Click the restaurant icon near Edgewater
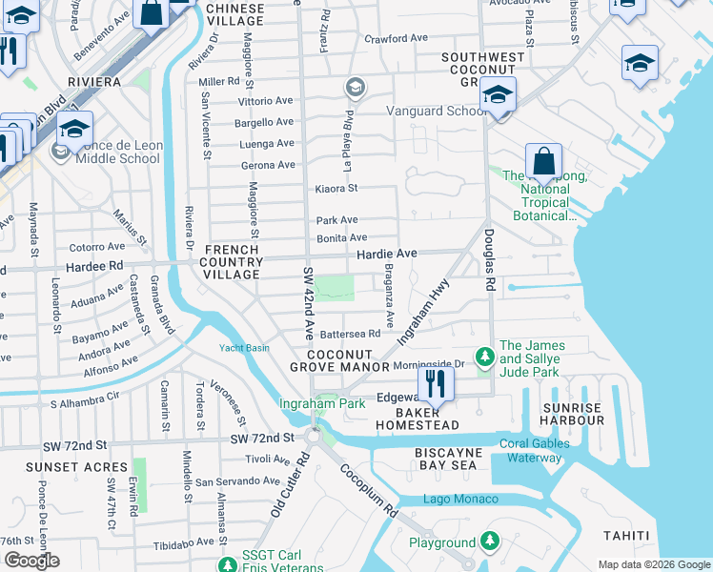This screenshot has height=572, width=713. coord(436,383)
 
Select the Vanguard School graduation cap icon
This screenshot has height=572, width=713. coord(497,94)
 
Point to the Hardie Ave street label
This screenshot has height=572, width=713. coord(386,255)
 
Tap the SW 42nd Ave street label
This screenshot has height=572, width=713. coord(309,303)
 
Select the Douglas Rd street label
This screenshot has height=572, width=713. coord(489,258)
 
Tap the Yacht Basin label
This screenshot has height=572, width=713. coord(244,347)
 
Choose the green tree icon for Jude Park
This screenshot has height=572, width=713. coord(485,357)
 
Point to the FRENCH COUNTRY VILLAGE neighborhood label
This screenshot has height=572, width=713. coord(232,262)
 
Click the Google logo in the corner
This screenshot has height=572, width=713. coord(31,561)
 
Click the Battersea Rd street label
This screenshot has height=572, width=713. coord(350,334)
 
